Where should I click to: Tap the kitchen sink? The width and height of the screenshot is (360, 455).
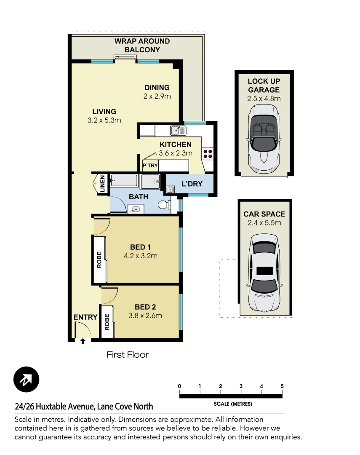(178, 130)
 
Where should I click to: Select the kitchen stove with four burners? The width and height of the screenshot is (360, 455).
(208, 154)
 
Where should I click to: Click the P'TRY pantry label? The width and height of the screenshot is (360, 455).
(150, 166)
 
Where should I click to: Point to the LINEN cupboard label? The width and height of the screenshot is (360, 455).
(102, 184)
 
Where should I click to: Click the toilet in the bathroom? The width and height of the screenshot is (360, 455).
(164, 205)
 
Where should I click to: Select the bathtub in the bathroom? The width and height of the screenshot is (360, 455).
(124, 182)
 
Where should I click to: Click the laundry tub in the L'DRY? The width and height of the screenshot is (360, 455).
(170, 190)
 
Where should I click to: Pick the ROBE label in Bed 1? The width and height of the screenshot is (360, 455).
(99, 260)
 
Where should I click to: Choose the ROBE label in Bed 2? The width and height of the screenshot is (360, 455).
(107, 322)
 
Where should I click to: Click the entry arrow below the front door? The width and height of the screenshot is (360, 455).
(83, 341)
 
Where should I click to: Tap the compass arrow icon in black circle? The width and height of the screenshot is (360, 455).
(26, 380)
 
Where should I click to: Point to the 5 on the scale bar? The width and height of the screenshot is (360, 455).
(282, 386)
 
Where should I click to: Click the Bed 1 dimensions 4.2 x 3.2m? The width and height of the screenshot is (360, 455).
(141, 256)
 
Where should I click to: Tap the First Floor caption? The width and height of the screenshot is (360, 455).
(128, 355)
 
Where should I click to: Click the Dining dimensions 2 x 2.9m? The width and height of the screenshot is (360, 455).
(157, 96)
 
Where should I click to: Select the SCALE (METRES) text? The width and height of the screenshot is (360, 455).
(233, 404)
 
